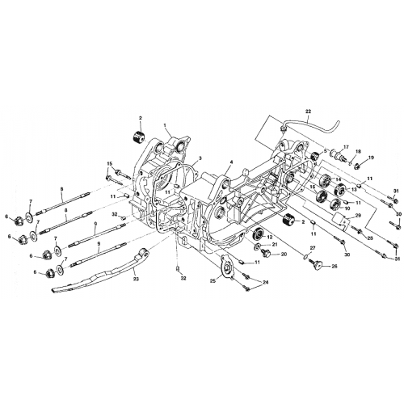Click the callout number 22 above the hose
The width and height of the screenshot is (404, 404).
(x=308, y=110)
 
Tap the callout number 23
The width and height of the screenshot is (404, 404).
(x=135, y=279)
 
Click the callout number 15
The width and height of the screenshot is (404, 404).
(x=108, y=164)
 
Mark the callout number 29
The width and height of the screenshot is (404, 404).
(x=357, y=216)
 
